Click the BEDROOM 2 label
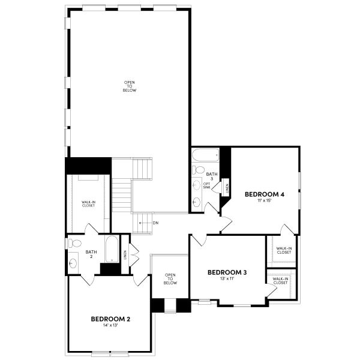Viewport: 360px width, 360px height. click(x=110, y=319)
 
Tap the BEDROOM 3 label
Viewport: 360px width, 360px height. click(x=227, y=272)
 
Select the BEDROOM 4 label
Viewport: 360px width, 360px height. click(x=264, y=194)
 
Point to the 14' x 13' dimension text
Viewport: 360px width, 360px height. click(x=110, y=326)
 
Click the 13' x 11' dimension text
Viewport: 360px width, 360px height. click(x=227, y=280)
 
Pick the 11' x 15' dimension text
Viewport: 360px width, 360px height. click(x=264, y=201)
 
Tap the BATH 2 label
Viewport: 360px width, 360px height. click(x=91, y=254)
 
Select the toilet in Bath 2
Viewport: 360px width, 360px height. click(x=74, y=243)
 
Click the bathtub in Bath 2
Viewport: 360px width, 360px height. click(x=112, y=250)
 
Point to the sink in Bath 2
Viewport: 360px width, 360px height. click(x=73, y=262)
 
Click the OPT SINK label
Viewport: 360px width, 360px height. click(x=206, y=185)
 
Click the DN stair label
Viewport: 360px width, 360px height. click(x=155, y=223)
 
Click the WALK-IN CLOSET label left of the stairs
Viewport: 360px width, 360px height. click(x=88, y=205)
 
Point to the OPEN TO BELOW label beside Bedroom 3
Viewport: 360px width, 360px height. click(x=170, y=279)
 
